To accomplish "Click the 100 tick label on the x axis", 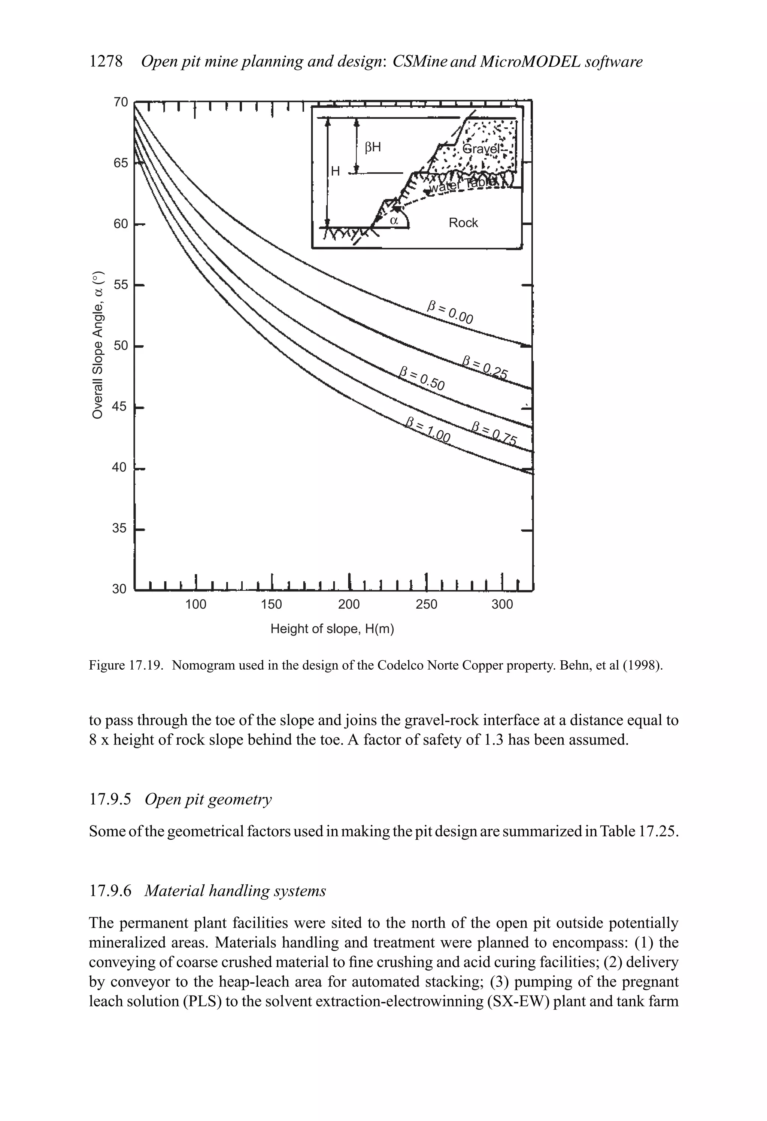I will pos(195,605).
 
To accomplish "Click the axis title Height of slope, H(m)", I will pos(332,629).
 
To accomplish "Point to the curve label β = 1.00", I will pos(428,430).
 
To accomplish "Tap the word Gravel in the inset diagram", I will pos(481,149).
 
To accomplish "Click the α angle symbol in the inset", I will pos(394,221).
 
